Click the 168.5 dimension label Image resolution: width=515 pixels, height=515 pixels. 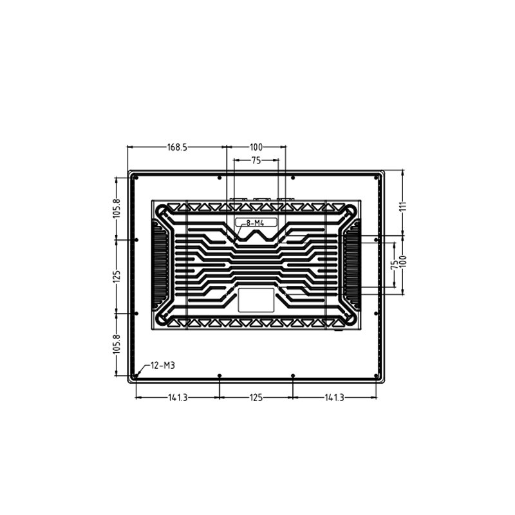[x=177, y=147]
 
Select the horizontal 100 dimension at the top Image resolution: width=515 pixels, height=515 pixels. [x=256, y=147]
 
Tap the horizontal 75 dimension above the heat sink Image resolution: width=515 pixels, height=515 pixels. [x=256, y=161]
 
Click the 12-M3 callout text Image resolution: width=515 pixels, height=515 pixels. [x=163, y=365]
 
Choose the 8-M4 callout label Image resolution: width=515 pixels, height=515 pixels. [x=256, y=223]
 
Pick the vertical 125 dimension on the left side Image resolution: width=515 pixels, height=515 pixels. [x=117, y=276]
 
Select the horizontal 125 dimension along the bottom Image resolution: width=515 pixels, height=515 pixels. [x=256, y=398]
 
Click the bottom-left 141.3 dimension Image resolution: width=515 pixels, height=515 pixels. [x=178, y=398]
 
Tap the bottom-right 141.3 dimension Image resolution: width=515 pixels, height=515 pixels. [x=334, y=398]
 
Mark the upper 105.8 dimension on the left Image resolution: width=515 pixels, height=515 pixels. [x=117, y=208]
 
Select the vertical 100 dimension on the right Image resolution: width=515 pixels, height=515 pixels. [x=404, y=263]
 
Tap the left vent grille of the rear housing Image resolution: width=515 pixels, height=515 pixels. [x=160, y=264]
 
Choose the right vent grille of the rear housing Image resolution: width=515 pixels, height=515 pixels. [x=351, y=264]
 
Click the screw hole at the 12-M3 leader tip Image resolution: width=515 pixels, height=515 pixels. [x=137, y=375]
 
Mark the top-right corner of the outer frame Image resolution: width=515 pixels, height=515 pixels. [x=383, y=171]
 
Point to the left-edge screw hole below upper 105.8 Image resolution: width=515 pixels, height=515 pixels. [x=136, y=240]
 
